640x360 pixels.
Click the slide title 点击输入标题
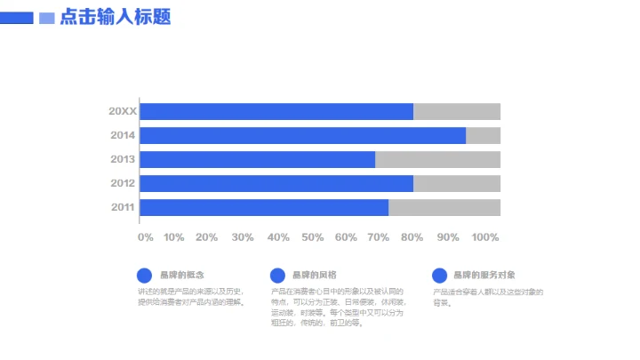[x=116, y=18]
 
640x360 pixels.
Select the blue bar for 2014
[x=302, y=135]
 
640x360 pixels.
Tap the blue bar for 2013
[x=257, y=159]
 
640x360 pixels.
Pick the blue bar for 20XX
[x=276, y=111]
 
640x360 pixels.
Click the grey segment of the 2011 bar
[x=444, y=207]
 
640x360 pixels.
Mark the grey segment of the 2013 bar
[x=437, y=159]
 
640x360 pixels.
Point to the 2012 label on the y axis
[x=123, y=183]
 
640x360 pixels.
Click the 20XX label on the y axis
[x=123, y=111]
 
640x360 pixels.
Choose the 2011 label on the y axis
[x=123, y=207]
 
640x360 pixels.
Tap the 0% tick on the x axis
[x=146, y=237]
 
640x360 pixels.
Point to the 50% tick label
[x=312, y=237]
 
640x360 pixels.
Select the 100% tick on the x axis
[x=485, y=237]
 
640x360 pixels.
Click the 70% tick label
[x=378, y=237]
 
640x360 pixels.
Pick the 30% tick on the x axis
[x=242, y=237]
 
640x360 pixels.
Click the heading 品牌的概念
[x=181, y=275]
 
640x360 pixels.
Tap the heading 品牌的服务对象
[x=484, y=275]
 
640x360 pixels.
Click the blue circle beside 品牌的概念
[x=144, y=276]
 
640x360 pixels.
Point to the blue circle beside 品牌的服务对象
[x=439, y=276]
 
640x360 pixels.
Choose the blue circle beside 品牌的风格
[x=277, y=276]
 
